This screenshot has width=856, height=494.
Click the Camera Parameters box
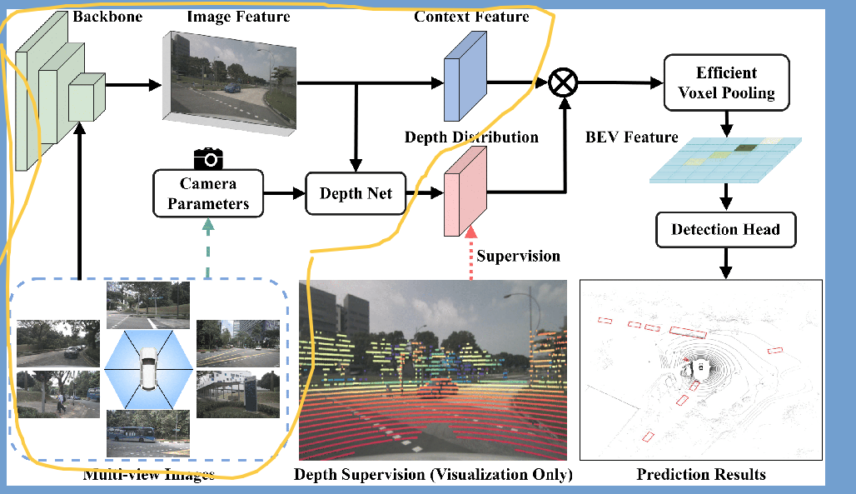(x=208, y=193)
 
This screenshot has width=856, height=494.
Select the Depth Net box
(x=356, y=193)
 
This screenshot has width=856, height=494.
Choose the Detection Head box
(x=725, y=229)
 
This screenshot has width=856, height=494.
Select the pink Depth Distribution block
(x=465, y=192)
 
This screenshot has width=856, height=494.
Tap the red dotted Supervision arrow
(x=471, y=255)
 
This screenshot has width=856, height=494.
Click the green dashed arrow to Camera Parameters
(x=208, y=246)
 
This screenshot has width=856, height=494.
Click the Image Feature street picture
(x=230, y=81)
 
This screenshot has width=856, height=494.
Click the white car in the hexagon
(x=147, y=369)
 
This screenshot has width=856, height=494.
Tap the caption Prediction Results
(x=701, y=475)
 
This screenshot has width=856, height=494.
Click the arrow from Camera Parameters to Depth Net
(x=283, y=193)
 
